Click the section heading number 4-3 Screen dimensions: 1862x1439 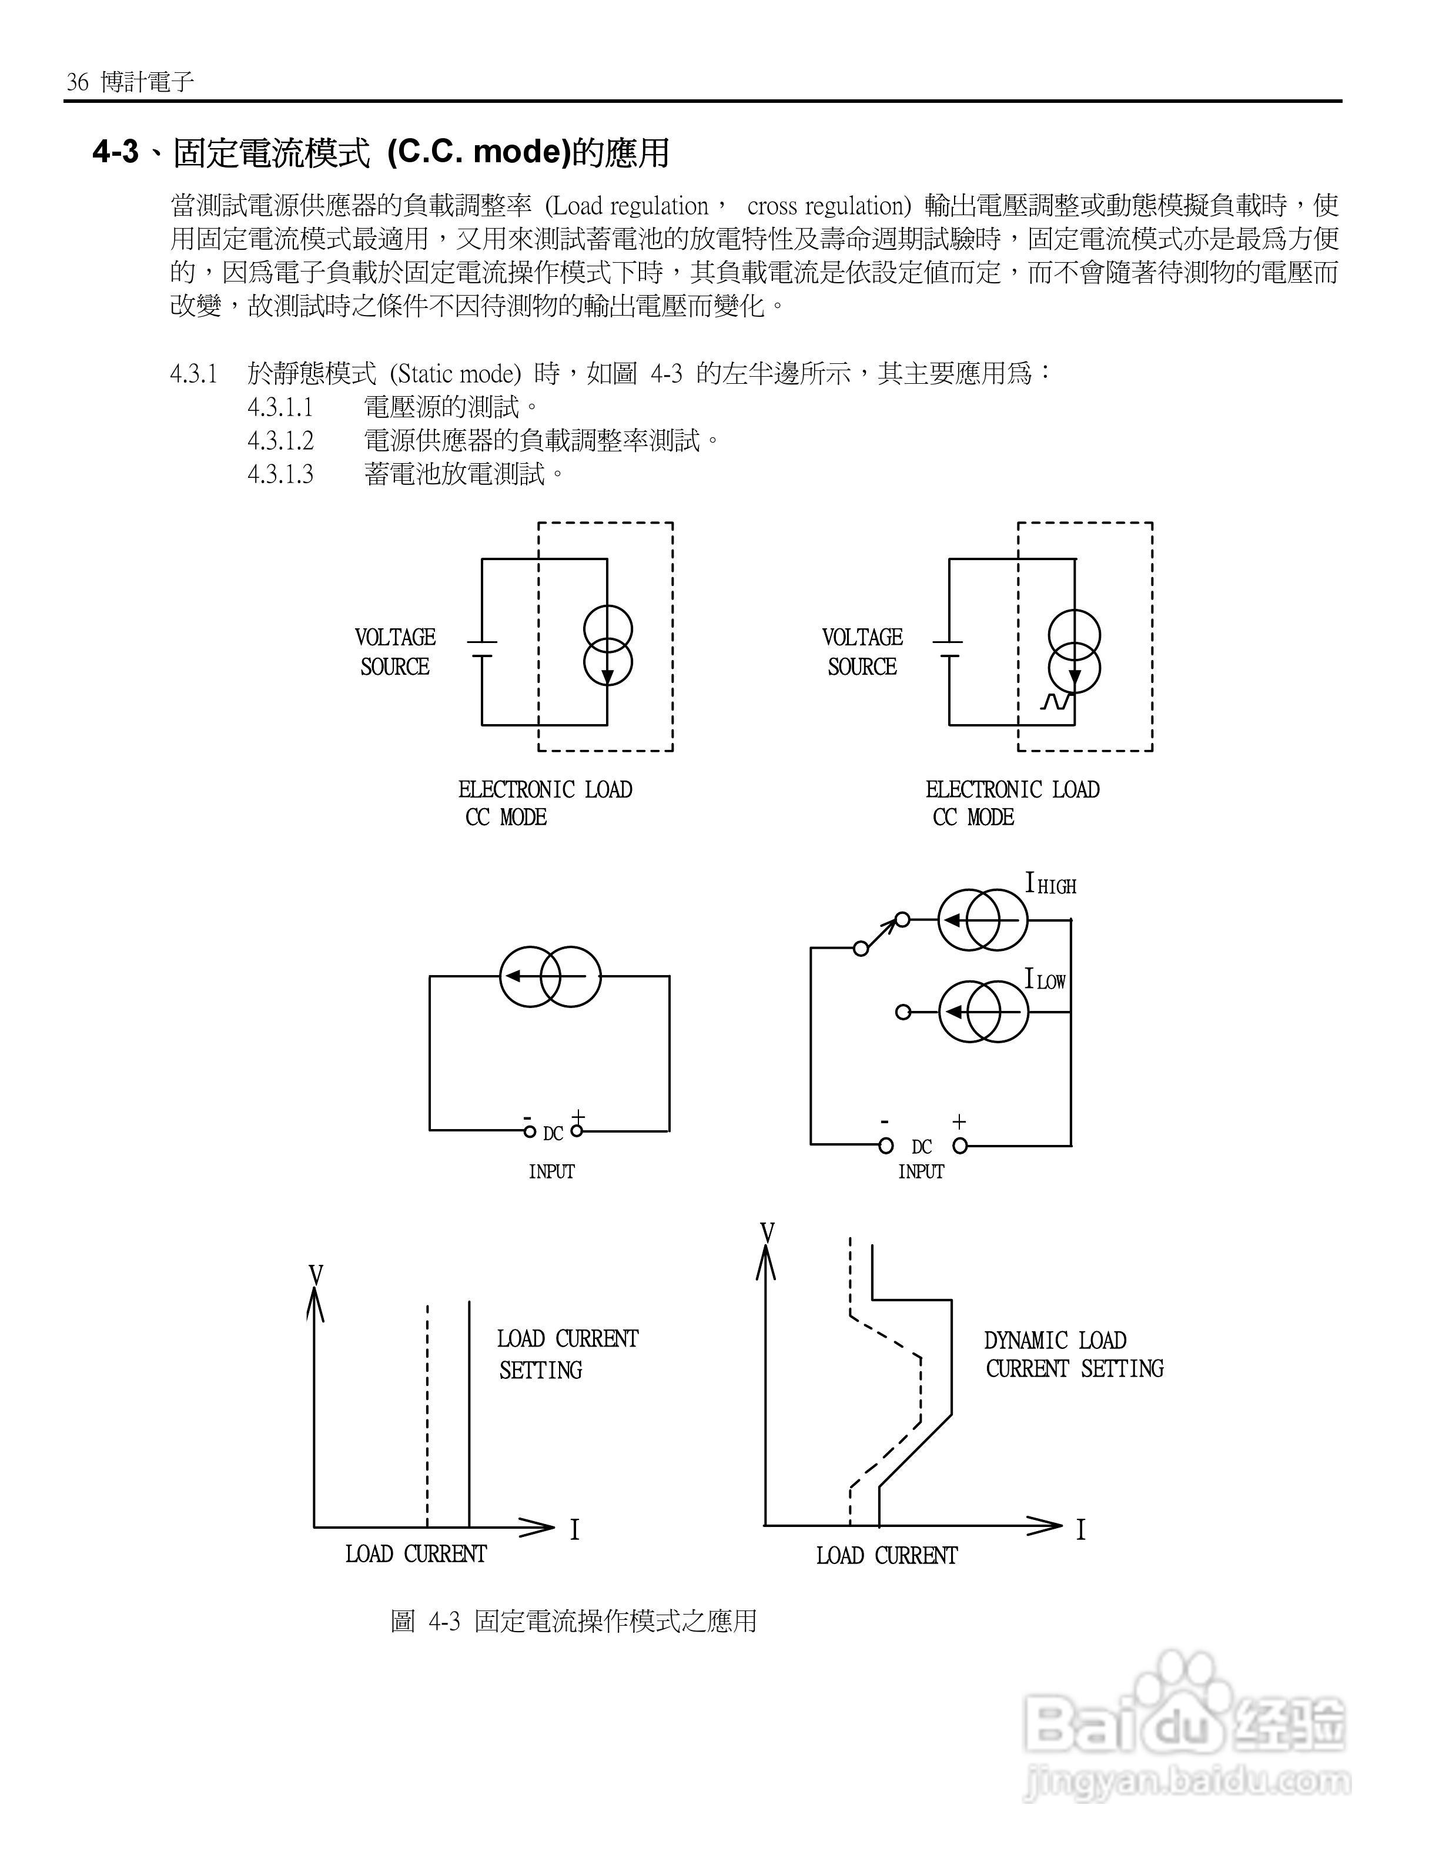115,153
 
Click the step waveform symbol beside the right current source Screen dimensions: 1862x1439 1055,702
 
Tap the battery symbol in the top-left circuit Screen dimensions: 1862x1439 481,649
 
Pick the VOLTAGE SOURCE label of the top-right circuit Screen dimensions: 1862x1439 862,652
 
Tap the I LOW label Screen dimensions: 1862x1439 1045,980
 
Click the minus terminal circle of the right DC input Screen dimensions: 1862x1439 886,1145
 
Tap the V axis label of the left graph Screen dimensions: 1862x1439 316,1275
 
